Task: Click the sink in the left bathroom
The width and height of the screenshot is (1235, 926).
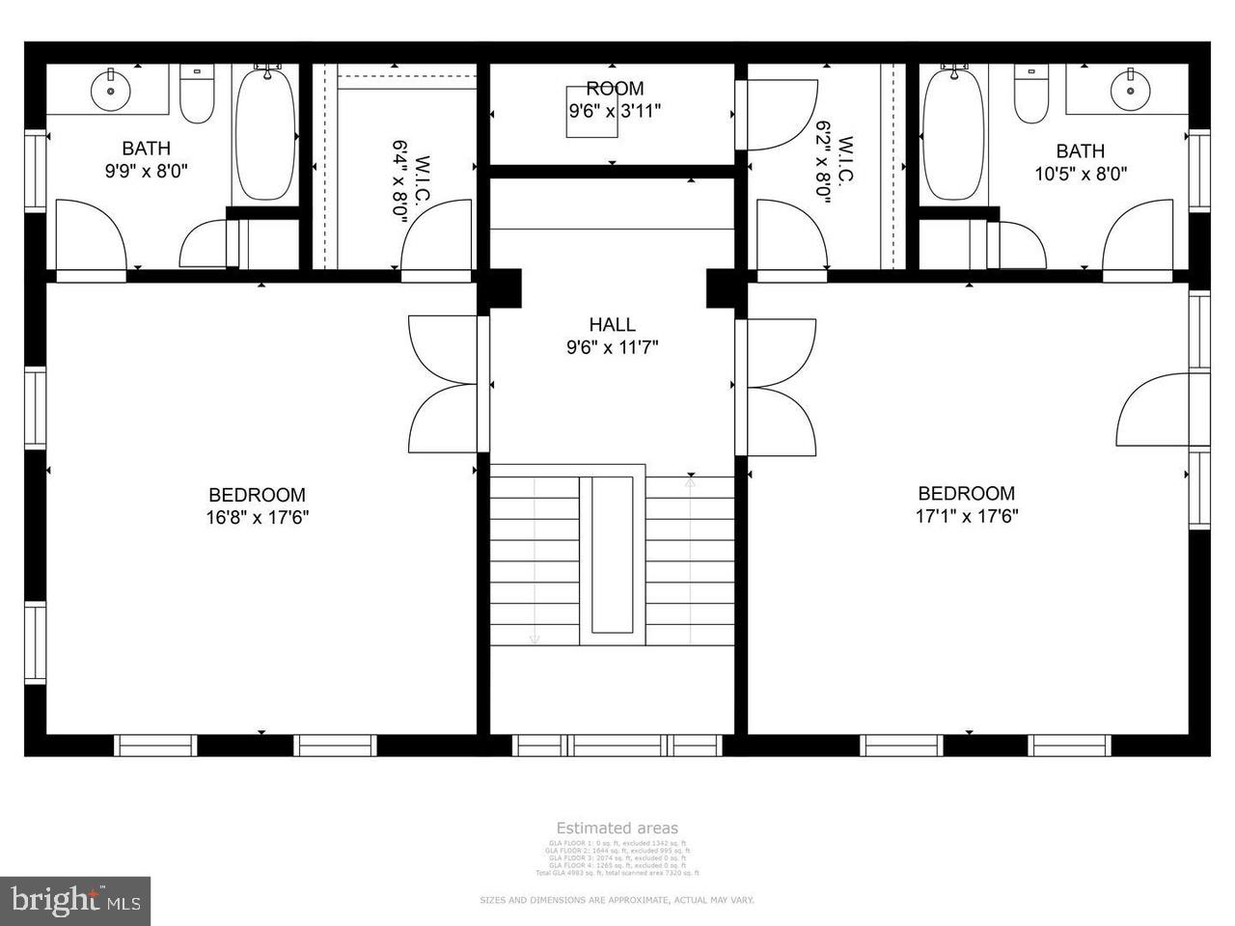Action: [x=111, y=91]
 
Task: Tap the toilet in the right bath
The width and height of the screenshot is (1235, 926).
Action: [x=1030, y=95]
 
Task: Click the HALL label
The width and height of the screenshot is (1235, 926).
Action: [x=613, y=325]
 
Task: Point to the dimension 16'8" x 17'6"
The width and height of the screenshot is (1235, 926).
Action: [x=257, y=517]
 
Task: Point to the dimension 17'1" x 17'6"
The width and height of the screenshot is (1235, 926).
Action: [x=967, y=515]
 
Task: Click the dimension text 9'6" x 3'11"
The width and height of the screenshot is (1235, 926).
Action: [x=615, y=111]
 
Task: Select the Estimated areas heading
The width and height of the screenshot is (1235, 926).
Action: [x=617, y=828]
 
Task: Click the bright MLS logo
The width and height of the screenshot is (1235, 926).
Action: [x=74, y=901]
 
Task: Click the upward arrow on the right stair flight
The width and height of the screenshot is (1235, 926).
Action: [x=691, y=478]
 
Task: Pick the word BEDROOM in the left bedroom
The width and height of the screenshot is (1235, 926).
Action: [x=257, y=495]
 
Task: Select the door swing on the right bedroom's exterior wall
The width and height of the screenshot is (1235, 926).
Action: [x=1153, y=410]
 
